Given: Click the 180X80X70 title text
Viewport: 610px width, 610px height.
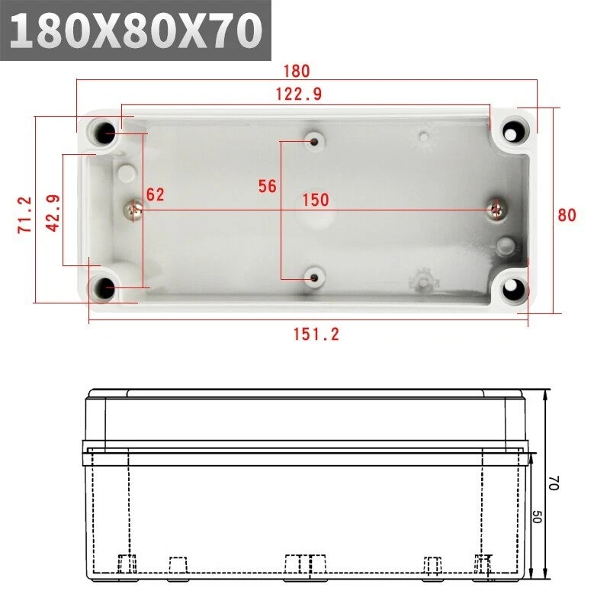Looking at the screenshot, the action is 136,30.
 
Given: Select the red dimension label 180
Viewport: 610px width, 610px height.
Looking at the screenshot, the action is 297,71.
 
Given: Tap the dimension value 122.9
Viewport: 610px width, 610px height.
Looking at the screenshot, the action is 299,94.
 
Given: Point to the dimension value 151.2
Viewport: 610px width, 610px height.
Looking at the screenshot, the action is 316,335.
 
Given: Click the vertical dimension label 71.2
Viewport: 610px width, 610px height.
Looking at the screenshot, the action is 24,215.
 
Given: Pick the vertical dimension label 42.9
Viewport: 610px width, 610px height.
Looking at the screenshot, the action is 53,213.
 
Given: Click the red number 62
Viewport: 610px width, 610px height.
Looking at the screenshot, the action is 156,194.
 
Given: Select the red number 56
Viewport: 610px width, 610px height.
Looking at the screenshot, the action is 268,186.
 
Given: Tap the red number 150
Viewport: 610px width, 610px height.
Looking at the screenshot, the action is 316,200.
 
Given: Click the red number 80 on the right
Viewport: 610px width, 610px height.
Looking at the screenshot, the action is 567,215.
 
